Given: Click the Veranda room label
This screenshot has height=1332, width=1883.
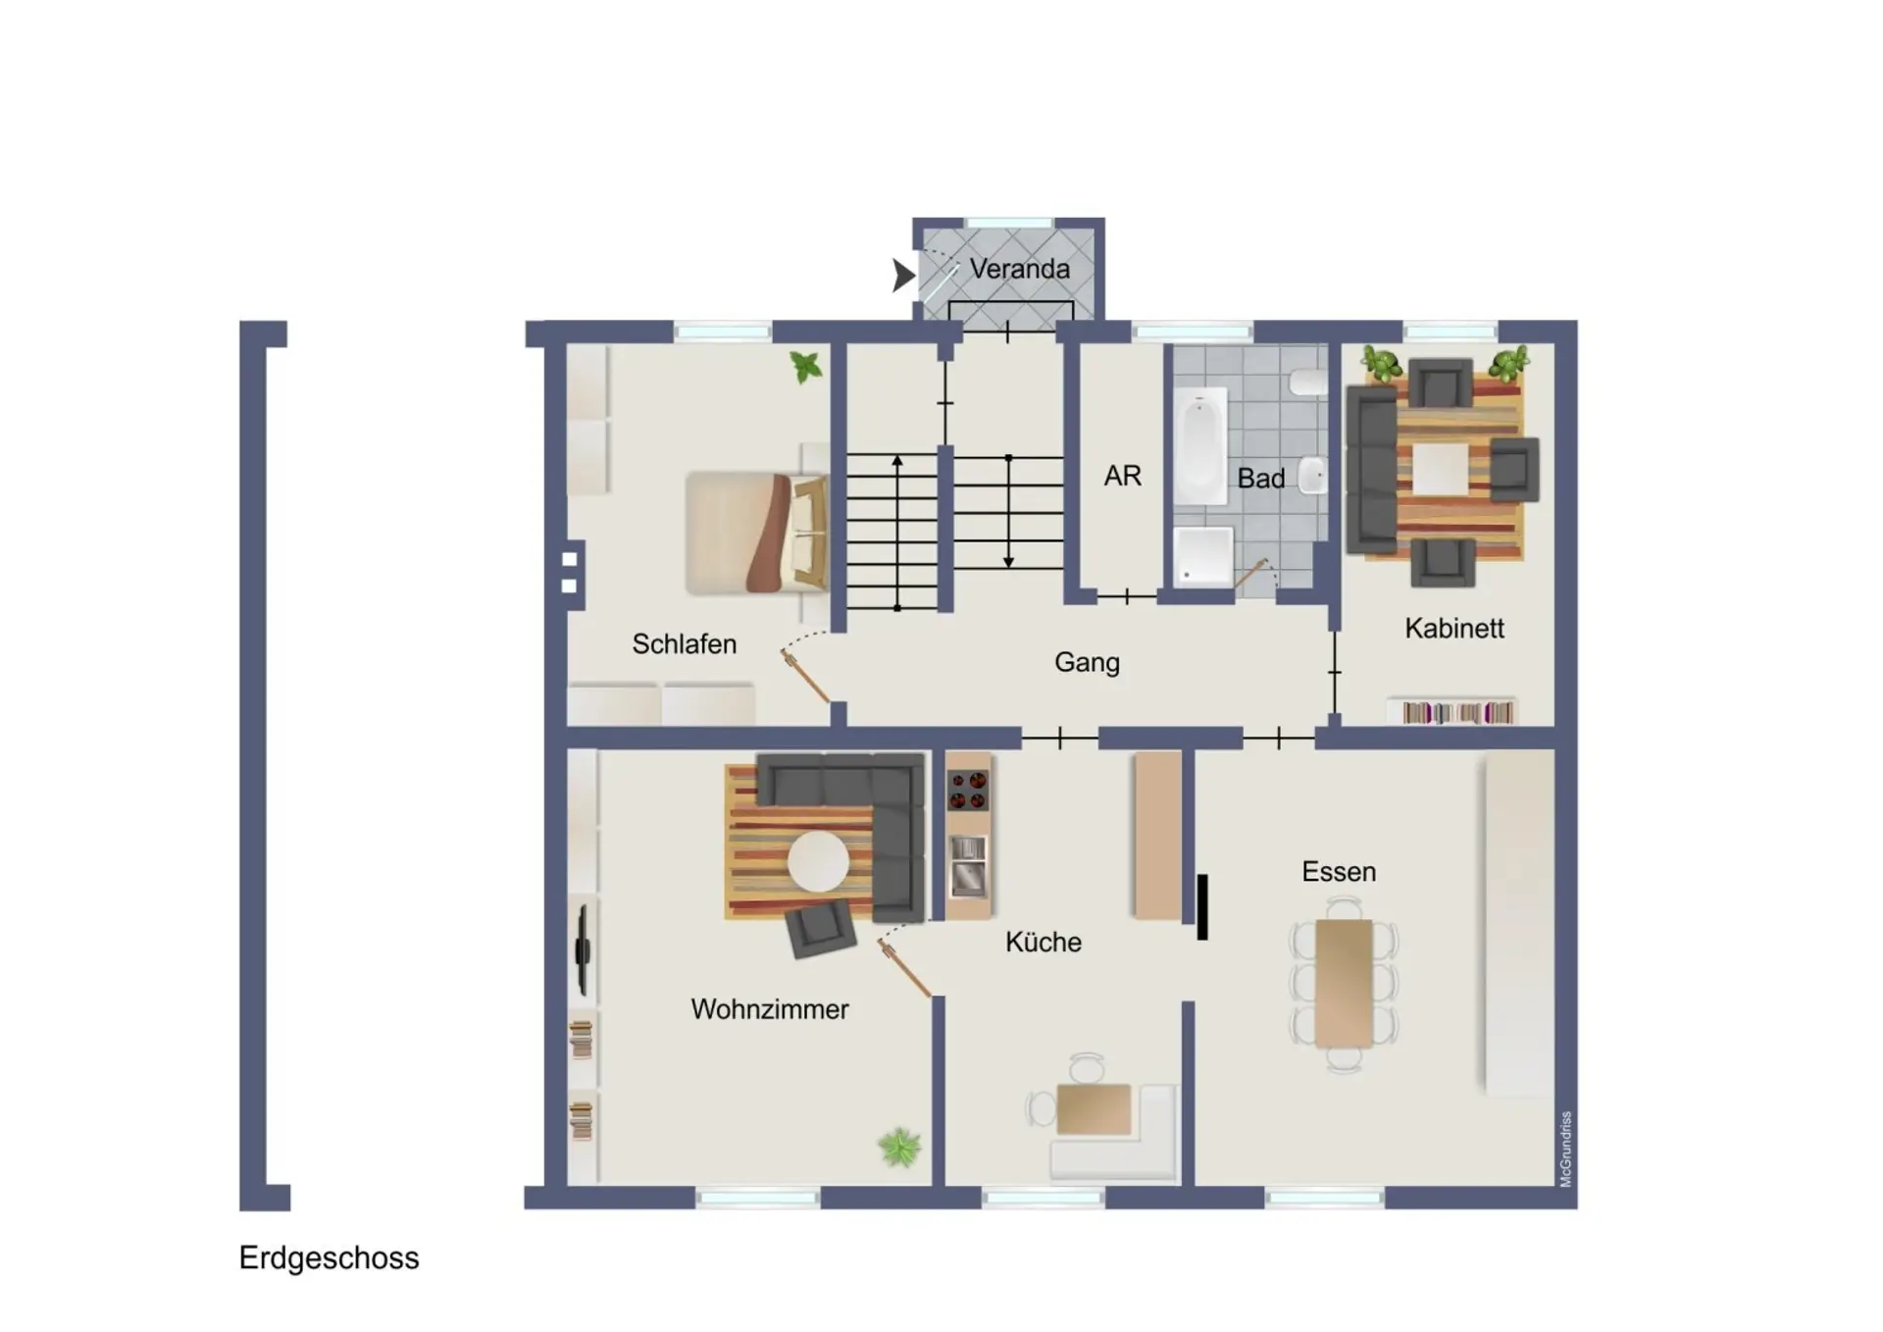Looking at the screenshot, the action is click(1019, 269).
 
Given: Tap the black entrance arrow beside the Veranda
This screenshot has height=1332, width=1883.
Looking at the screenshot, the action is click(903, 276).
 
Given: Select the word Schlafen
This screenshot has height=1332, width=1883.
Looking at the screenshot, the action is click(684, 644).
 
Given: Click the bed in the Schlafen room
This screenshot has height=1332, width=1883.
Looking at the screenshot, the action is click(756, 534).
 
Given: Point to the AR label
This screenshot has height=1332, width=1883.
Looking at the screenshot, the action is click(1123, 477).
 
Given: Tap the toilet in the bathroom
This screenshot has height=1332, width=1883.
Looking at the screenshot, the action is click(1309, 382).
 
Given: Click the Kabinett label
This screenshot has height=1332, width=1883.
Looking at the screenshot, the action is click(1453, 629).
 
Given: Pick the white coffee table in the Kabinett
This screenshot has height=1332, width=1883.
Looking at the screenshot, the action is click(1440, 470).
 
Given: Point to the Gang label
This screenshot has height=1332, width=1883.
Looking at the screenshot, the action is click(1087, 663).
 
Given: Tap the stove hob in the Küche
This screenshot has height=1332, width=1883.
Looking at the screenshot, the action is click(968, 791).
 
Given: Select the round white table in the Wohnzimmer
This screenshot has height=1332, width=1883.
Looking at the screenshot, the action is click(818, 862).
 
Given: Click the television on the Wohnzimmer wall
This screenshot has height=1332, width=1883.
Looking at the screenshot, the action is click(583, 949).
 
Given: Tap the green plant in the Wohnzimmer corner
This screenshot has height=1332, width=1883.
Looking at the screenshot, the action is click(899, 1148).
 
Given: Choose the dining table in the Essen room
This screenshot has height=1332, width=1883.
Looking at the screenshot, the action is click(1344, 984).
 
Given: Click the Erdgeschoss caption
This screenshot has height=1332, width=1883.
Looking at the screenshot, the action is click(329, 1258).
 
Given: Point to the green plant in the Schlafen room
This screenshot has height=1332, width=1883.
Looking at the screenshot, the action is click(806, 368).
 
